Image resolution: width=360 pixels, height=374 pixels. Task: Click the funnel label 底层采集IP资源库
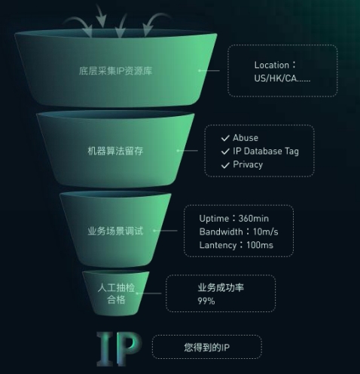tap(115, 71)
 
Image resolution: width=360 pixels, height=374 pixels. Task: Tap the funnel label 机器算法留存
tap(115, 151)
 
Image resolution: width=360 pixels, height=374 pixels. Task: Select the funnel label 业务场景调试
tap(115, 231)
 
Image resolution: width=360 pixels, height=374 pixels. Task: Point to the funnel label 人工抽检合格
tap(116, 293)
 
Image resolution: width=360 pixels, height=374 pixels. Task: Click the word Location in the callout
tap(272, 65)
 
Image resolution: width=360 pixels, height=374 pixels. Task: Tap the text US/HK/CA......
tap(275, 78)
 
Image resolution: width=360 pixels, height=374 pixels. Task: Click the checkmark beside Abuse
tap(225, 138)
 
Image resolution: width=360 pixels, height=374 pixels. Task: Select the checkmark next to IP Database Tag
tap(225, 152)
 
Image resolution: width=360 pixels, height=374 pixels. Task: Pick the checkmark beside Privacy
tap(225, 165)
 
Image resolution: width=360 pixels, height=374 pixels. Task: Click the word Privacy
tap(248, 164)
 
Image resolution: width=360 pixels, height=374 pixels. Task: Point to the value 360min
tap(254, 219)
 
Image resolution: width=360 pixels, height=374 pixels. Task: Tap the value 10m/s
tap(266, 231)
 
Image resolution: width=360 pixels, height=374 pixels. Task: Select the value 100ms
tap(260, 245)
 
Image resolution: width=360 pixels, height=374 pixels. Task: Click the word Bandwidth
tap(221, 231)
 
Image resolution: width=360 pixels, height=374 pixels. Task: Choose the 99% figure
tap(206, 301)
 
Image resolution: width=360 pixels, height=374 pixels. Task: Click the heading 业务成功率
tap(221, 287)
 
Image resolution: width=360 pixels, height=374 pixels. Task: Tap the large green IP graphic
tap(119, 348)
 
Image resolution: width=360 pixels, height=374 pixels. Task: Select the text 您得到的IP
tap(206, 348)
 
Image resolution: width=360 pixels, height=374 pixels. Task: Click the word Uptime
tap(214, 219)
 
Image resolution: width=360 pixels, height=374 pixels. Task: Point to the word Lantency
tap(218, 245)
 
